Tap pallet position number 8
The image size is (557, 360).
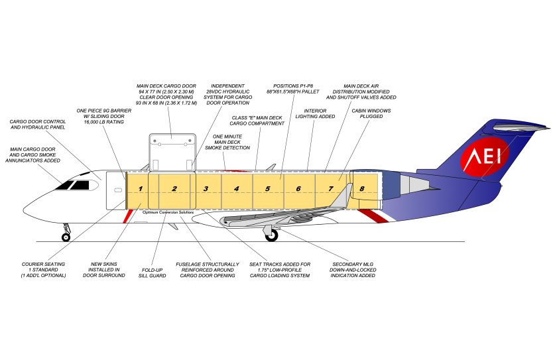tap(362, 189)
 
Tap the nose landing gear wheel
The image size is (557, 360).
tap(66, 237)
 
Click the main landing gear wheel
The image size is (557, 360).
tap(271, 235)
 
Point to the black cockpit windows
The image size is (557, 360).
tap(73, 184)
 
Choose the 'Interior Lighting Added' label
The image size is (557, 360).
tap(320, 114)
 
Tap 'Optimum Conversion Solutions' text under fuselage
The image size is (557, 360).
tap(168, 212)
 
